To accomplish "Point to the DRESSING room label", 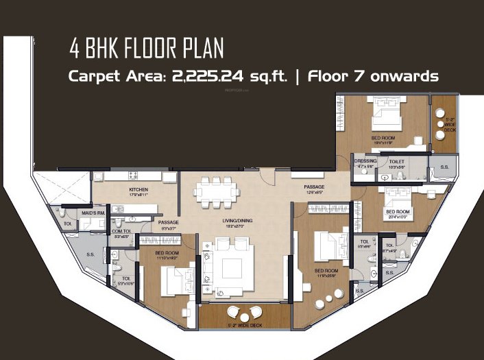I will [x=365, y=162].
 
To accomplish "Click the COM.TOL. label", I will [x=121, y=231].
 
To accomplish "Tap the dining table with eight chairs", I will [x=217, y=191].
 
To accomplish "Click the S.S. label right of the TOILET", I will [x=444, y=167].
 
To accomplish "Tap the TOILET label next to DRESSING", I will [x=397, y=162].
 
